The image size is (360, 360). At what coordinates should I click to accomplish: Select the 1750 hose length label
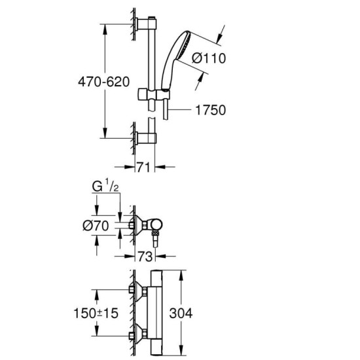[x=210, y=110]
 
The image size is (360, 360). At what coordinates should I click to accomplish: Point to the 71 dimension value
[x=143, y=167]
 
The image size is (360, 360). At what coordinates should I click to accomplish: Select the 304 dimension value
[x=181, y=314]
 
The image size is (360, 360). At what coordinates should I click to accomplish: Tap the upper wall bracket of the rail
[x=141, y=24]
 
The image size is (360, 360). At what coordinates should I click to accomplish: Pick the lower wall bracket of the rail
[x=141, y=137]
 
